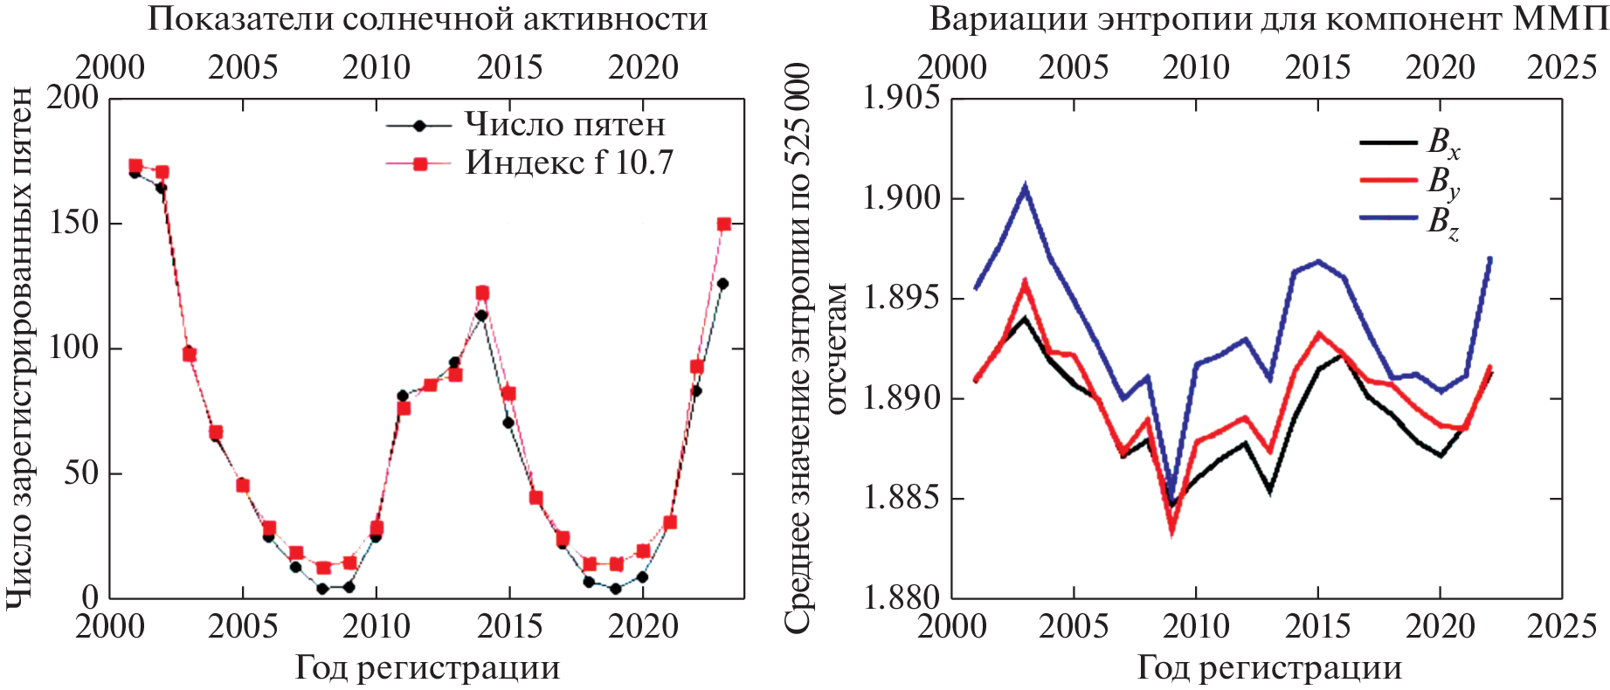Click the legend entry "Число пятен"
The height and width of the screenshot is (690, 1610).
[x=564, y=125]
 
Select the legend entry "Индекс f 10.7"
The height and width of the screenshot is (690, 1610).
[x=569, y=163]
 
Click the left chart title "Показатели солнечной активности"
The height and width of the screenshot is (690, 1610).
[x=427, y=19]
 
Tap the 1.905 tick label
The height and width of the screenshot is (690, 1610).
[x=902, y=98]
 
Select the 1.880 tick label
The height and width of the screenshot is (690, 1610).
[x=902, y=598]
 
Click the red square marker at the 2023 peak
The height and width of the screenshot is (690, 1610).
[x=723, y=224]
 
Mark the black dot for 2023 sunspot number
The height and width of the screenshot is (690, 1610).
[x=722, y=284]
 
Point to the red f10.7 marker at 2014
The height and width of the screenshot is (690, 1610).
[x=482, y=293]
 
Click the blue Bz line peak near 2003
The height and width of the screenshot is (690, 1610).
[x=1025, y=186]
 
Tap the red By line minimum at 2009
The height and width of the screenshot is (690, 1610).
[x=1172, y=531]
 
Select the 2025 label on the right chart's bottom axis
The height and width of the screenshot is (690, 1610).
[x=1561, y=627]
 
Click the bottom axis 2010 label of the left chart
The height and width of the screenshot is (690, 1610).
[x=377, y=627]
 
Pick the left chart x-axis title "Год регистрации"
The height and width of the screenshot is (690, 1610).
[x=427, y=668]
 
